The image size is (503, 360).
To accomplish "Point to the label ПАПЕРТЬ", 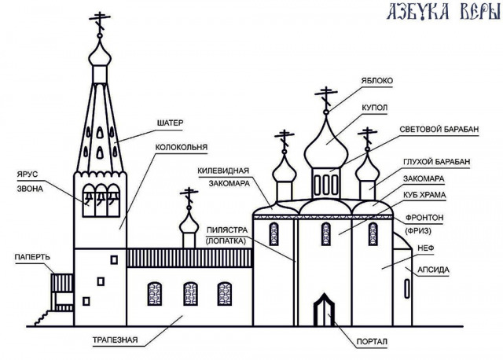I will pos(32,257).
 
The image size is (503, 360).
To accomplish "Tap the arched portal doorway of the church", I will pos(324,309).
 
